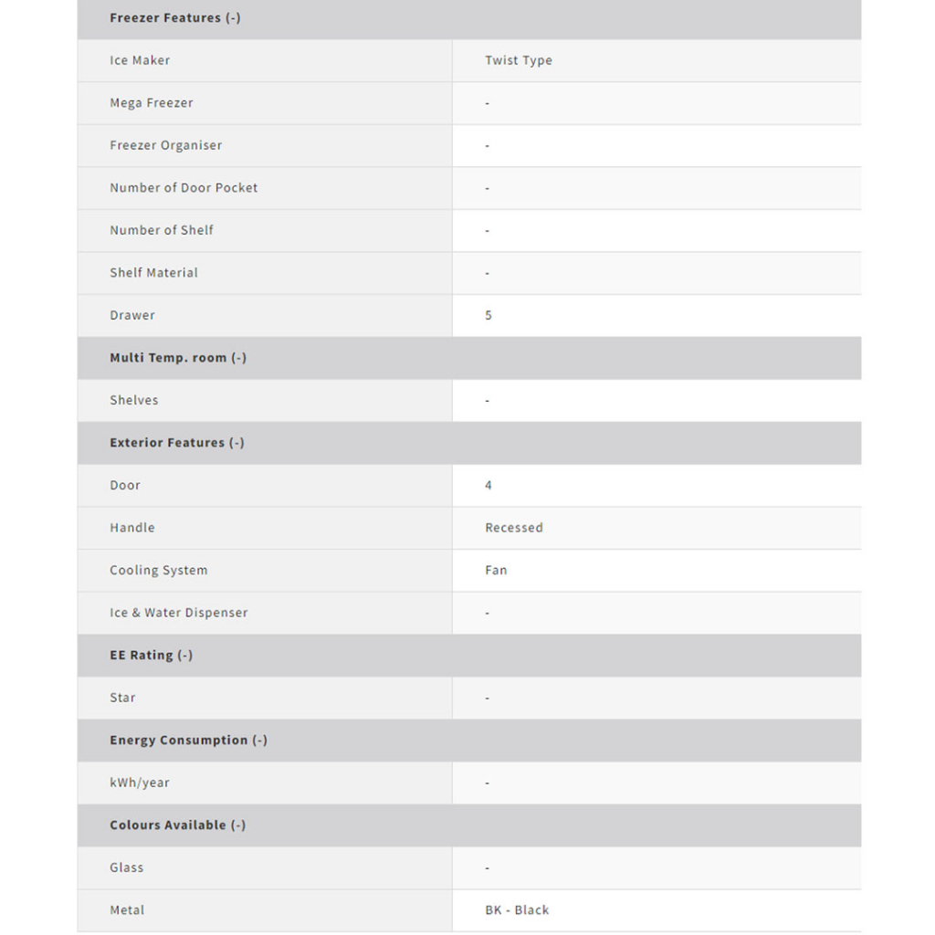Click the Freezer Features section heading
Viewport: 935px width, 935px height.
pos(174,18)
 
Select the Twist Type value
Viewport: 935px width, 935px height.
pos(518,60)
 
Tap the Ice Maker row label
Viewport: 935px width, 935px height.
pos(140,60)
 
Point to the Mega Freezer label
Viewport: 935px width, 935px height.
pos(152,103)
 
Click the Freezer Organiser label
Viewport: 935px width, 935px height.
pos(165,145)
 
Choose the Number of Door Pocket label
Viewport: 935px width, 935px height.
pos(184,188)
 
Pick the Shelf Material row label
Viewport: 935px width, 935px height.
pos(153,273)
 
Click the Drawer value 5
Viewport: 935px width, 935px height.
pos(489,315)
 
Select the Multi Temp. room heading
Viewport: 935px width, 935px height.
pos(178,358)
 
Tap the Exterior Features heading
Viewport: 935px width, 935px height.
pos(177,443)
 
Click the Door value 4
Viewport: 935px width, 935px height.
pos(489,485)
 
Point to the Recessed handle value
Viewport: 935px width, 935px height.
pos(513,528)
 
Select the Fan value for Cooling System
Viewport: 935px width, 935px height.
pos(496,570)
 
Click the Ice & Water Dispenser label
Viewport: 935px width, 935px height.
pos(178,613)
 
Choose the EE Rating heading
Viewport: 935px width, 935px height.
pos(151,655)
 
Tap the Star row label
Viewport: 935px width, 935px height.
pos(122,698)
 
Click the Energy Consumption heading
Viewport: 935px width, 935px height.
pos(188,740)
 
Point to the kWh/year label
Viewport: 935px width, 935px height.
pos(140,783)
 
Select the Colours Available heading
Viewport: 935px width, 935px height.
pos(177,825)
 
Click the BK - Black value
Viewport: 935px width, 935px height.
pos(517,909)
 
